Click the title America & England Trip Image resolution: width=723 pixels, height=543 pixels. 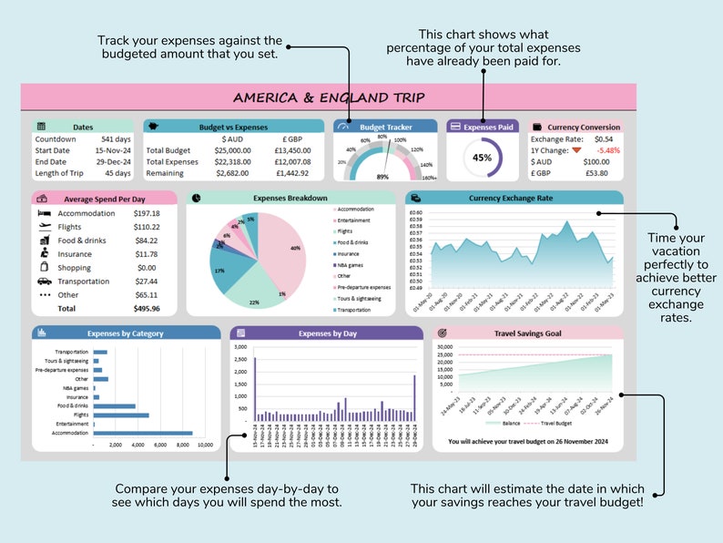click(329, 97)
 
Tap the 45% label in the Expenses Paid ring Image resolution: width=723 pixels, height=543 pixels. click(483, 157)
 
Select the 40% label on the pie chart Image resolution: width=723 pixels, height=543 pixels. click(295, 248)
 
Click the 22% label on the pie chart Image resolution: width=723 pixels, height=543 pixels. click(254, 302)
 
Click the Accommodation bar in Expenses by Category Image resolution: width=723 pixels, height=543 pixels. click(142, 433)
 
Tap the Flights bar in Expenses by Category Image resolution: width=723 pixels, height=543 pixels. click(120, 415)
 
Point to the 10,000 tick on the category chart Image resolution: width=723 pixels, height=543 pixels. click(205, 445)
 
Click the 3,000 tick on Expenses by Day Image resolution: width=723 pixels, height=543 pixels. click(240, 347)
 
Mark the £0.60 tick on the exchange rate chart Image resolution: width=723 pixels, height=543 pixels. click(416, 211)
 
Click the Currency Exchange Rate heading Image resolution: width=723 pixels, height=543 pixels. click(511, 197)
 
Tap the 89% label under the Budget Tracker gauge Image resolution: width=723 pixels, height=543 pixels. click(382, 176)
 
